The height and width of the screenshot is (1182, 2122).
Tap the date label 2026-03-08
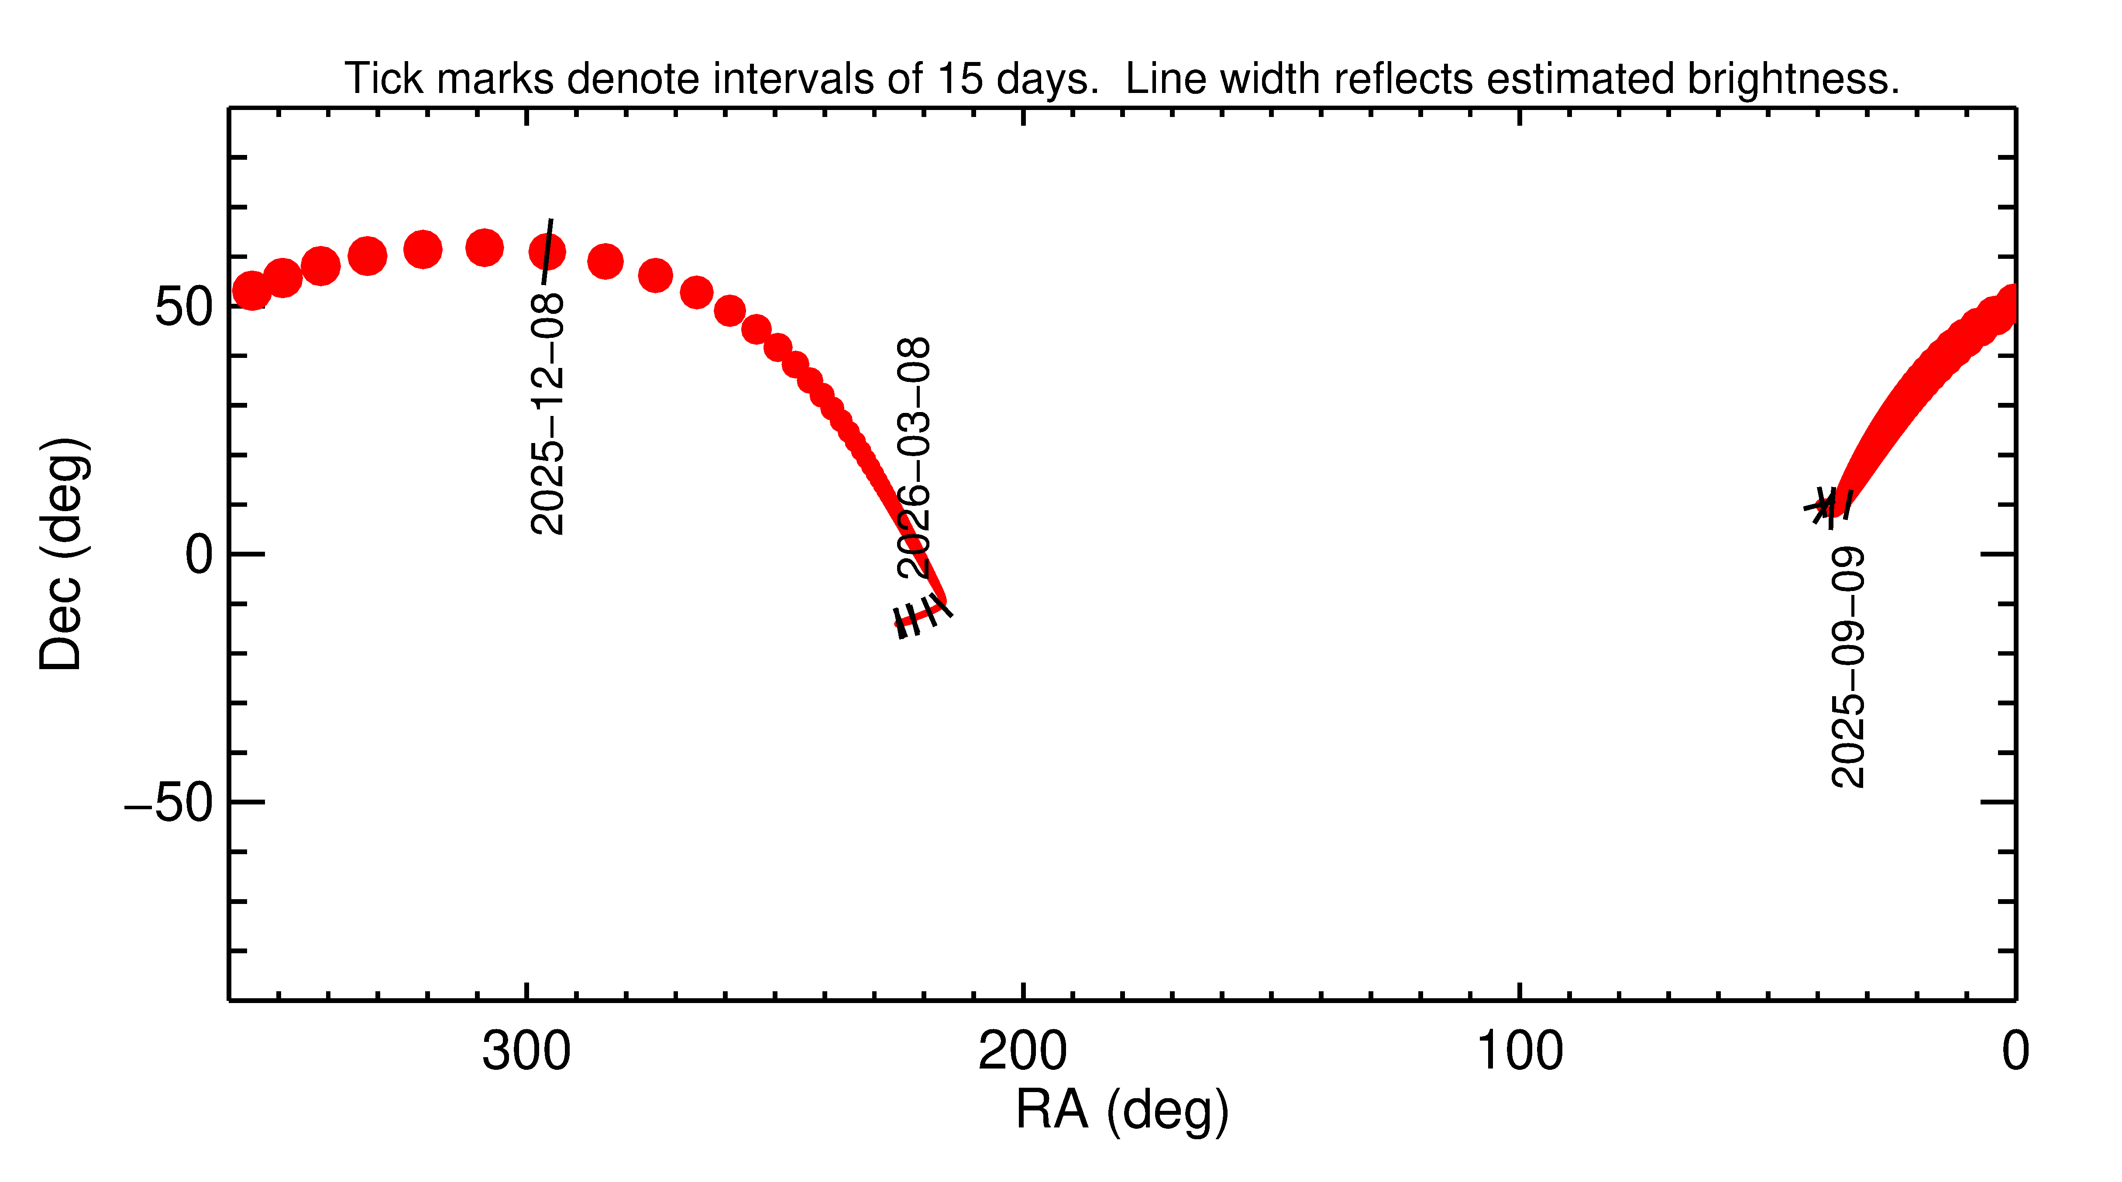coord(915,457)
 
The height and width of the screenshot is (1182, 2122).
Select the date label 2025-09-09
coord(1848,667)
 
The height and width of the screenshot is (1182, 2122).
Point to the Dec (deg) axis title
coord(62,554)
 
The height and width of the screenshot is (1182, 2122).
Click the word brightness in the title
coord(1792,79)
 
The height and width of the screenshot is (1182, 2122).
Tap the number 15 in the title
coord(960,79)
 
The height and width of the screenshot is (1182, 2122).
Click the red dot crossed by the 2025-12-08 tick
coord(547,251)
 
